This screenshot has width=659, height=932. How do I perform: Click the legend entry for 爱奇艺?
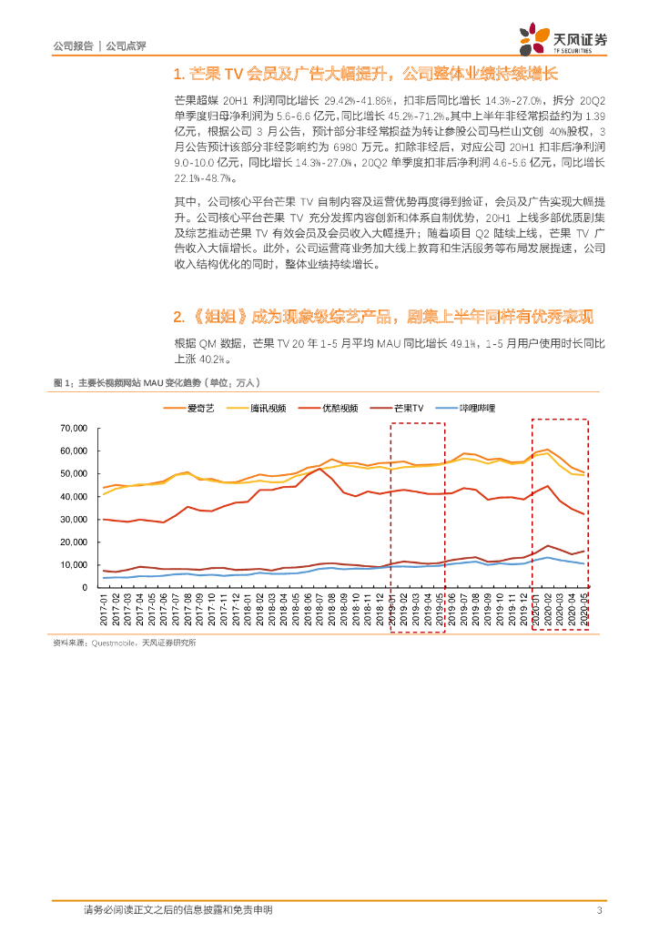coord(199,409)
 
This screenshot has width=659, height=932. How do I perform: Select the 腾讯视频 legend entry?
coord(270,409)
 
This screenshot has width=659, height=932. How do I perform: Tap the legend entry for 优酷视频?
coord(341,409)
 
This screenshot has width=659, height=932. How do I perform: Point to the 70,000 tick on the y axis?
coord(72,428)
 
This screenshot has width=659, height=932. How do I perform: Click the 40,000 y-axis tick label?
coord(72,496)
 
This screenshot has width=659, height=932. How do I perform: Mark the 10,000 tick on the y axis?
coord(72,565)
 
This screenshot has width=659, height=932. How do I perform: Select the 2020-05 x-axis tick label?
coord(583,607)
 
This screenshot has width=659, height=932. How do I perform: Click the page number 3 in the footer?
coord(598,910)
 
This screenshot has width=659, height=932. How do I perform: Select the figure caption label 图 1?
coord(63,383)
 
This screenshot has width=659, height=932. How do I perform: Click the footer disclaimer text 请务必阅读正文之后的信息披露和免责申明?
coord(177,910)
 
